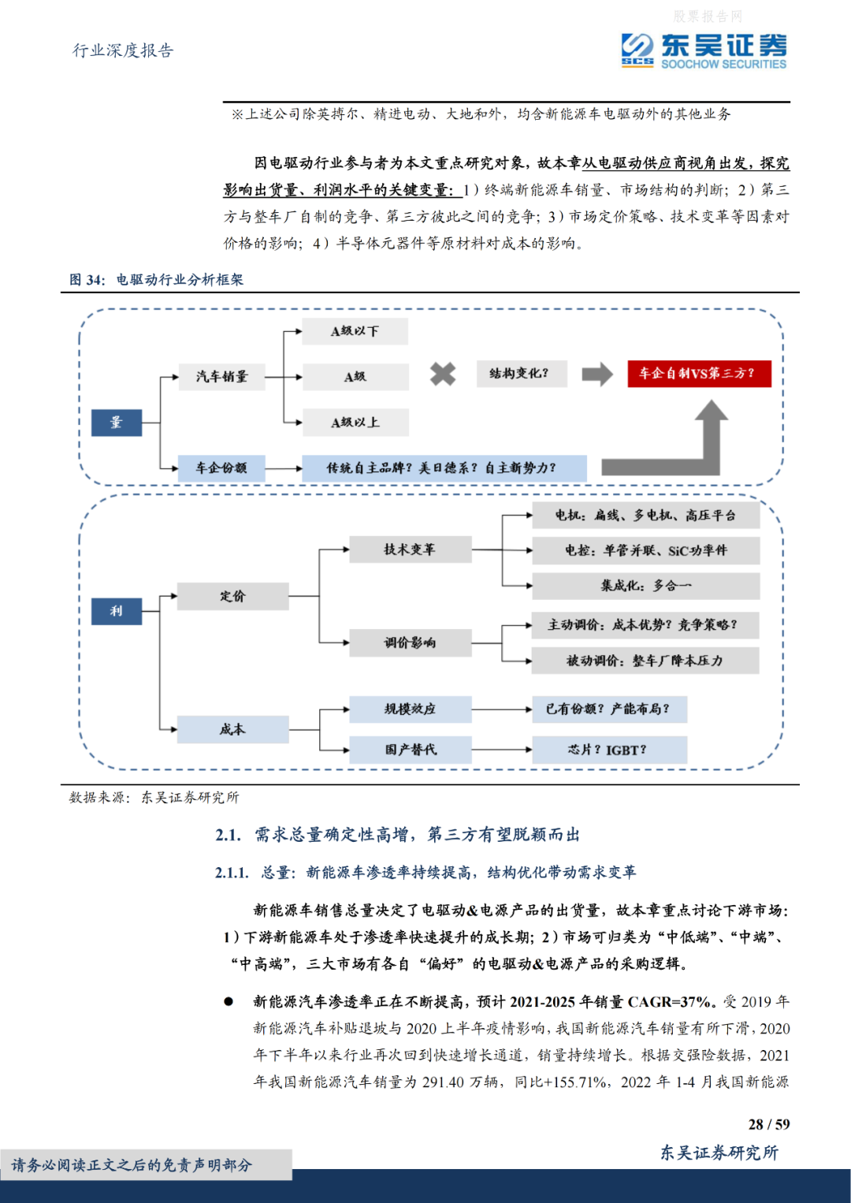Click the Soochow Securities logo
coord(703,51)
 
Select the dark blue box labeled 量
coord(117,423)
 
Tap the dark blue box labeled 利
coord(117,611)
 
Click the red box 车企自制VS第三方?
coord(698,374)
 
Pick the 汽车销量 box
coord(221,377)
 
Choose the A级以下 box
coord(355,331)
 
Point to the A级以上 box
coord(355,423)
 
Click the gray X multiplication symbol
coord(443,374)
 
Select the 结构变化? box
coord(521,374)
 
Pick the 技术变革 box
coord(410,549)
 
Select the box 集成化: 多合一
coord(645,586)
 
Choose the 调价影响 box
coord(410,642)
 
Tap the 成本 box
coord(232,729)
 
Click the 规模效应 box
coord(410,709)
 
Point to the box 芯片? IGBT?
coord(608,750)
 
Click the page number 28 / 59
coord(768,1124)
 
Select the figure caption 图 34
coord(87,280)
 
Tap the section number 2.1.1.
coord(232,873)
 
